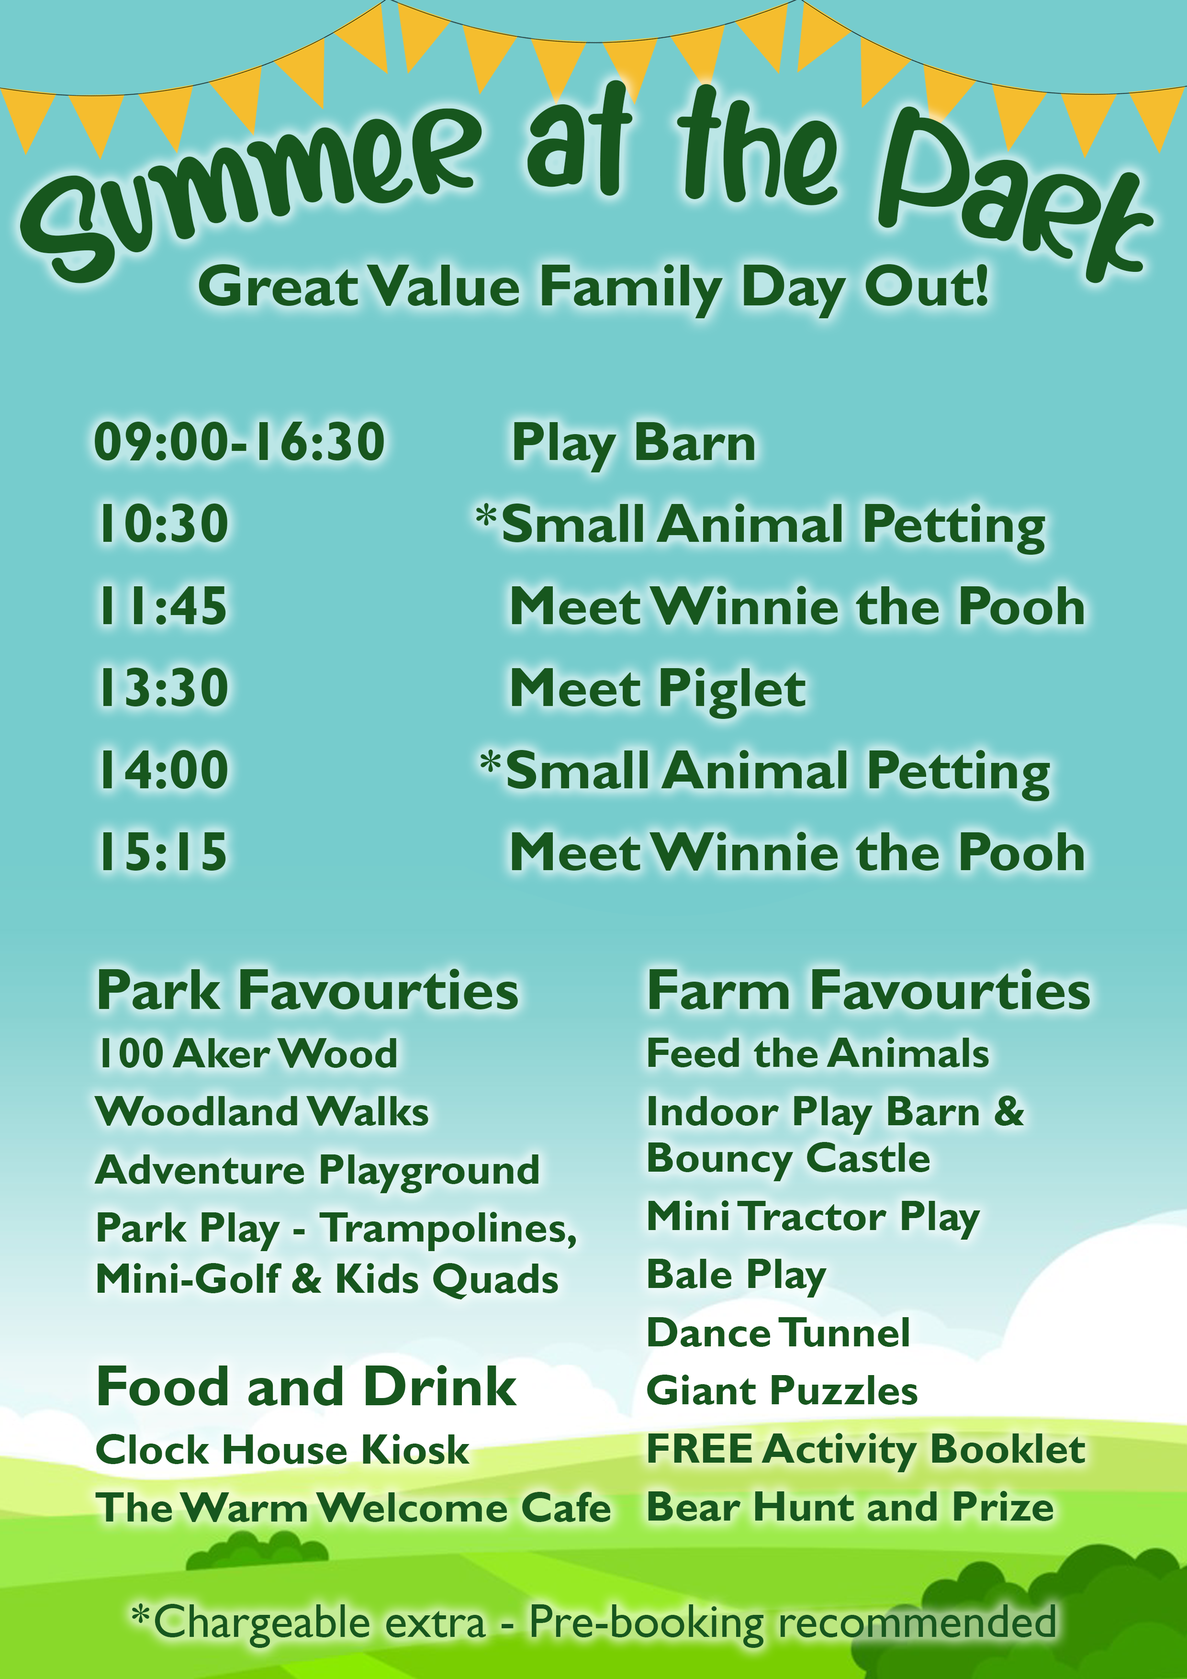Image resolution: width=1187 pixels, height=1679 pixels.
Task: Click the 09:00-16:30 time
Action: click(239, 442)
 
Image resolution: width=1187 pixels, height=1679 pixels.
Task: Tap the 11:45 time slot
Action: click(162, 606)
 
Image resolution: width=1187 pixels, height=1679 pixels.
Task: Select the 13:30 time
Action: click(162, 688)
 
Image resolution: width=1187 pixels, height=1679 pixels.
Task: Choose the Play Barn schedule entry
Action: click(633, 444)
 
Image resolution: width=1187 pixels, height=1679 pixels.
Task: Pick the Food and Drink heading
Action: click(306, 1387)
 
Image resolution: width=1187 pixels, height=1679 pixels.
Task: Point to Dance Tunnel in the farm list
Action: click(778, 1332)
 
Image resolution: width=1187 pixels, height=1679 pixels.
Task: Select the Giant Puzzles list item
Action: click(782, 1391)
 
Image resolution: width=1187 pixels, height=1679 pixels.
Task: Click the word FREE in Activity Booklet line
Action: click(699, 1449)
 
